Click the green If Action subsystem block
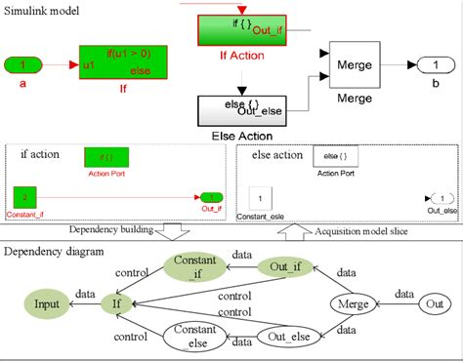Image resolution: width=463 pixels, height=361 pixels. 236,29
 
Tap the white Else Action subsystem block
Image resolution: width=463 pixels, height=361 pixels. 238,110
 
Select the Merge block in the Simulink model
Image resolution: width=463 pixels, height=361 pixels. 356,67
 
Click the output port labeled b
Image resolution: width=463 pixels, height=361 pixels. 434,65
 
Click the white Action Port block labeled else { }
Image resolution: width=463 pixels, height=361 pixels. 329,155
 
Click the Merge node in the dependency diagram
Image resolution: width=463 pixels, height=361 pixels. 354,302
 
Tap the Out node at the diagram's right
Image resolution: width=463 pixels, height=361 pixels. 437,304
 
